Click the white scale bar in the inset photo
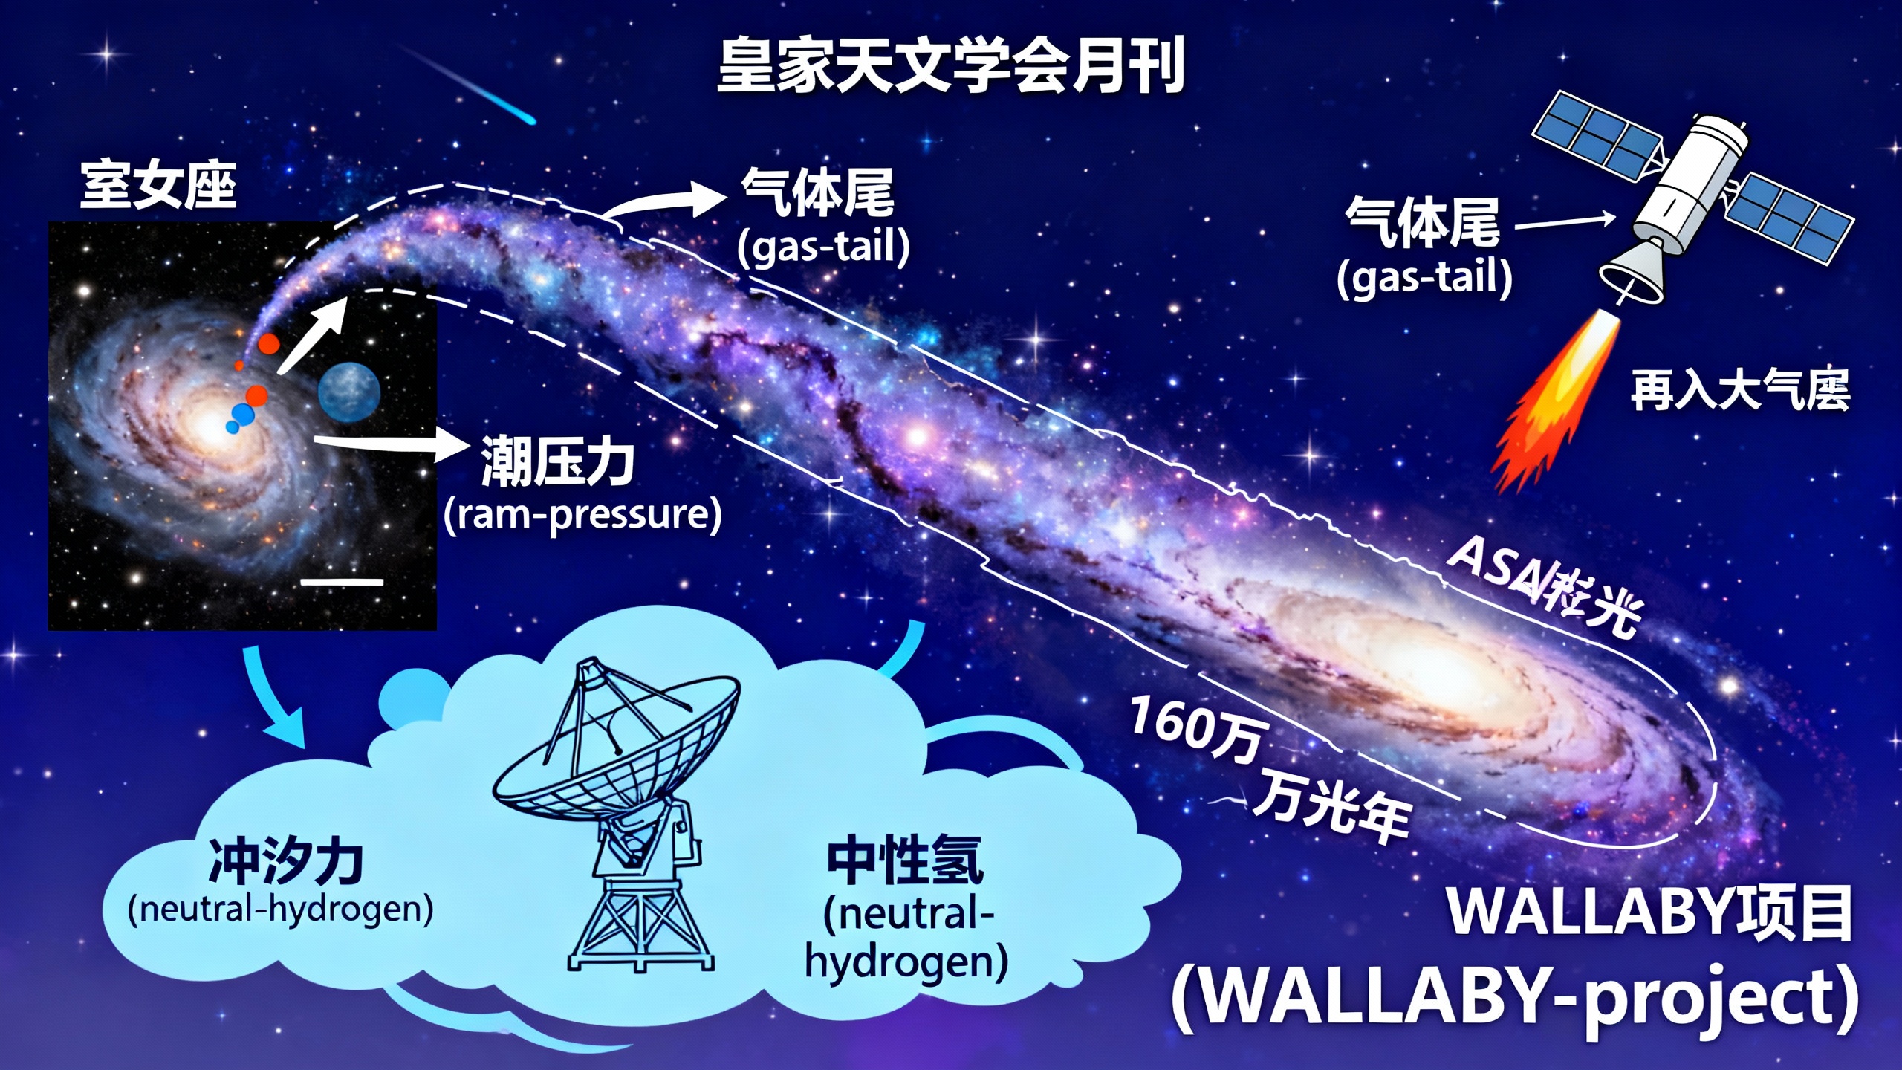(x=342, y=582)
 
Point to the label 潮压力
(x=557, y=462)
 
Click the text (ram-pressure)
(x=582, y=514)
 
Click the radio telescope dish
(x=617, y=750)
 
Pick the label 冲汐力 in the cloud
(x=286, y=862)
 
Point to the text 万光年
(x=1330, y=806)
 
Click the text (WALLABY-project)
(x=1516, y=999)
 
